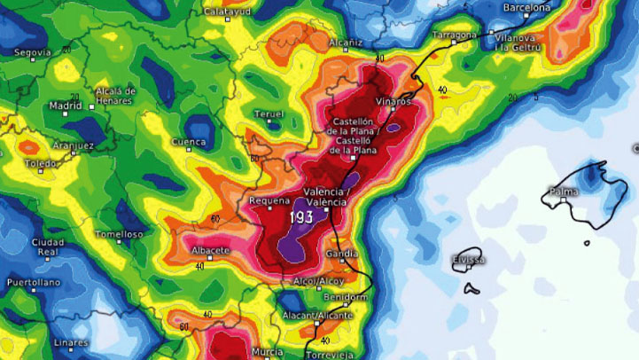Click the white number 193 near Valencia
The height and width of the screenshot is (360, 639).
click(x=300, y=217)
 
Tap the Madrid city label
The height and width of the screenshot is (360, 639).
click(x=66, y=106)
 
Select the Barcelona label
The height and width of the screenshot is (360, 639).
click(x=527, y=7)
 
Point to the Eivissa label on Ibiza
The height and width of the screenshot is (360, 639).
click(x=468, y=259)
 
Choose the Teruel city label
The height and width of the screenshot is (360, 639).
click(x=269, y=114)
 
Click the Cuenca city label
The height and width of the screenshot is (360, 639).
click(x=189, y=142)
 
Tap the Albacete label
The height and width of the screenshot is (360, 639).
click(x=211, y=251)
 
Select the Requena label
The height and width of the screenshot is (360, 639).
click(x=269, y=201)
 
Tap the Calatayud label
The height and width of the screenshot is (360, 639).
click(x=225, y=12)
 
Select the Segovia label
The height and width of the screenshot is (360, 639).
click(x=33, y=52)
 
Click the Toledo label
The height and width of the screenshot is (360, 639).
click(x=41, y=164)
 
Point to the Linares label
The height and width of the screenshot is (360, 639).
click(x=71, y=342)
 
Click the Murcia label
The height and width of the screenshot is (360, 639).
click(x=267, y=352)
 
